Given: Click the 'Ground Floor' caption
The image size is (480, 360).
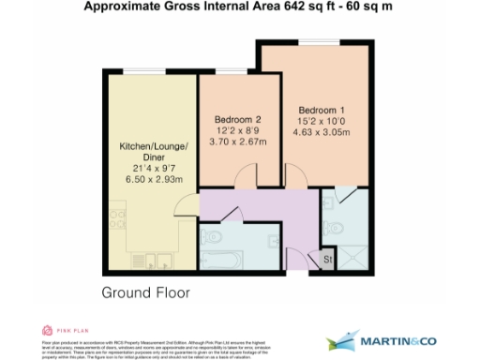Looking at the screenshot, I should pos(145,292).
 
